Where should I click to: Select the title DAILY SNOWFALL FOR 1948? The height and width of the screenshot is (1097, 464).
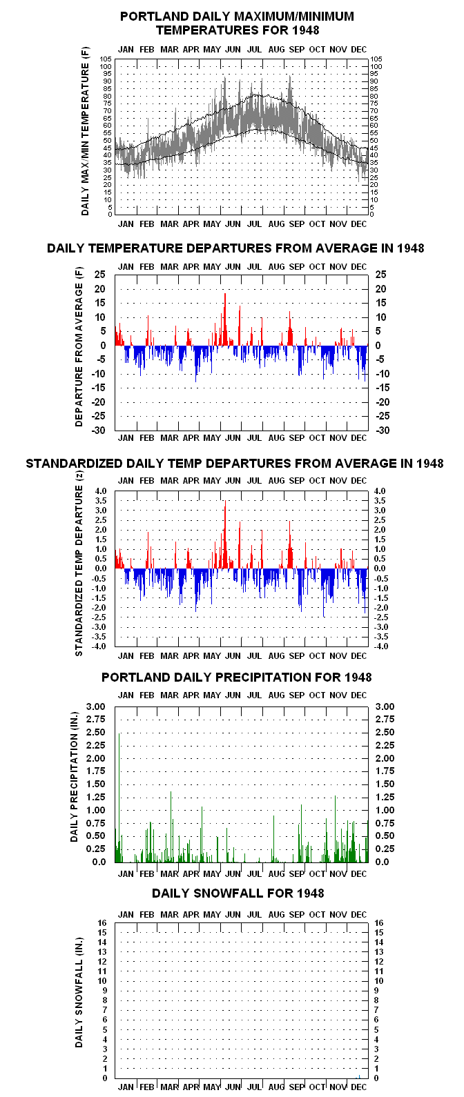pos(238,893)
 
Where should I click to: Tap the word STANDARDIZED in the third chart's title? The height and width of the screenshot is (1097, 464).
pos(74,463)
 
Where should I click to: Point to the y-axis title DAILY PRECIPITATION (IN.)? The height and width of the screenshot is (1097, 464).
pos(74,777)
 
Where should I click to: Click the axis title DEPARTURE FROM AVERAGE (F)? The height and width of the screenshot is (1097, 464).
pos(79,346)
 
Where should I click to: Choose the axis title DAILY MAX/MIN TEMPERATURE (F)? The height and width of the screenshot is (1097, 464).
pos(85,131)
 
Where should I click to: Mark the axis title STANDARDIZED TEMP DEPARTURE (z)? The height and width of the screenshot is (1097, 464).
pos(79,563)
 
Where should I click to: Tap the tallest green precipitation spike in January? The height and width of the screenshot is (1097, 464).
pos(119,798)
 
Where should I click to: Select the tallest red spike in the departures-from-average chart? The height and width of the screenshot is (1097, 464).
pos(225,319)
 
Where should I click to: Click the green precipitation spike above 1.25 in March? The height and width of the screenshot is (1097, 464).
pos(171,827)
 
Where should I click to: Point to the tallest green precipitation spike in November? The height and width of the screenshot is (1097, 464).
pos(336,829)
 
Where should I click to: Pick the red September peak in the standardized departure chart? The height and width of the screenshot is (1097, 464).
pos(289,544)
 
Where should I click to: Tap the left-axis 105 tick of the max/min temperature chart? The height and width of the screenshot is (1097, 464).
pos(106,59)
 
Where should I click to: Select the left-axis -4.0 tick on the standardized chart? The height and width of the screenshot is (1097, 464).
pos(100,646)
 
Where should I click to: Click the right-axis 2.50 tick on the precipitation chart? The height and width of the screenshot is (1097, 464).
pos(385,732)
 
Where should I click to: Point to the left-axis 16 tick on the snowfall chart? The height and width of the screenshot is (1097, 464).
pos(102,922)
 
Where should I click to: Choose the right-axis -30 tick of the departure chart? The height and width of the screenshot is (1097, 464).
pos(383,431)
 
